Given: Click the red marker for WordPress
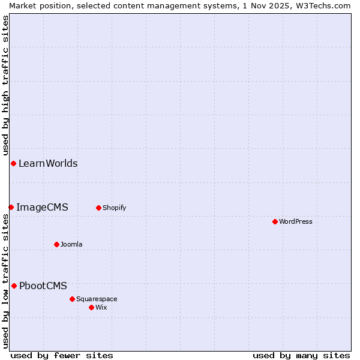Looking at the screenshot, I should click(x=275, y=221).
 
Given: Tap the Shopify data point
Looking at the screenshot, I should click(x=98, y=208).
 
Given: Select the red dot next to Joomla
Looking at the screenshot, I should click(x=56, y=244).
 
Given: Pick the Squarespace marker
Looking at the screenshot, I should click(x=72, y=299).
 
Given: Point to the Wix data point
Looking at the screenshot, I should click(x=91, y=307).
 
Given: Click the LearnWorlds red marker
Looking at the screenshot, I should click(x=13, y=163).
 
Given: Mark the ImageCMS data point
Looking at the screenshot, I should click(x=11, y=207).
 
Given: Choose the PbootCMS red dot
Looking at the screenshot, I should click(x=14, y=286).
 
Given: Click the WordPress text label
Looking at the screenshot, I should click(x=296, y=221).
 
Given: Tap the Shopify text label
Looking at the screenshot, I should click(x=114, y=208).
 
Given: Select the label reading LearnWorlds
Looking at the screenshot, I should click(x=48, y=163).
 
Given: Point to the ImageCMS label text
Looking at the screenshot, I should click(x=42, y=207).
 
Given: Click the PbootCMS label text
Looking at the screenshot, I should click(x=43, y=286).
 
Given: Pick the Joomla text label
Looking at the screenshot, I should click(x=71, y=244).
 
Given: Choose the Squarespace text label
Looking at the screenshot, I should click(x=97, y=299).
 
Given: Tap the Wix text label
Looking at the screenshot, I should click(x=101, y=307).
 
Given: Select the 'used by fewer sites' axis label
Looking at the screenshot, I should click(x=62, y=355).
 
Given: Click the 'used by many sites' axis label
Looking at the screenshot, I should click(x=301, y=355).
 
